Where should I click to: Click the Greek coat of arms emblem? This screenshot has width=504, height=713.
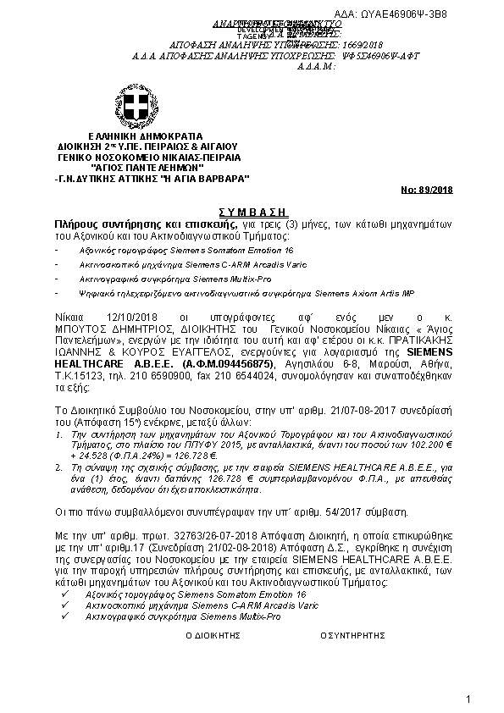tap(134, 107)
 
